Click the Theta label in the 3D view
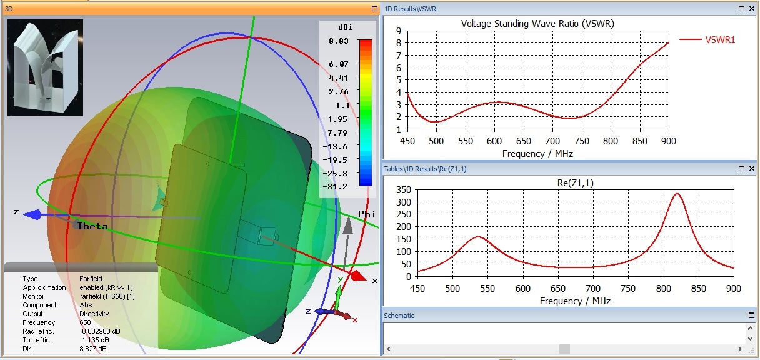92,226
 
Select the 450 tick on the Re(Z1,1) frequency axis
417,289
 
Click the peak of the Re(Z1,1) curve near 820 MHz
677,194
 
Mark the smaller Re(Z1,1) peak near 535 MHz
478,237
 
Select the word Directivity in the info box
94,314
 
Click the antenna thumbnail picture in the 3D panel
45,67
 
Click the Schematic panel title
399,316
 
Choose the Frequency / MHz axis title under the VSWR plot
537,153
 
